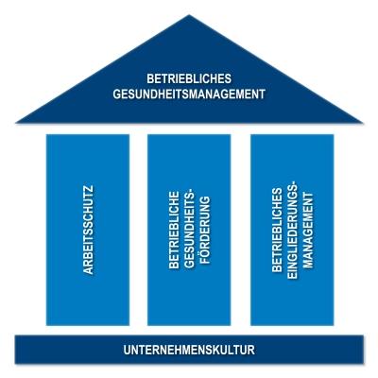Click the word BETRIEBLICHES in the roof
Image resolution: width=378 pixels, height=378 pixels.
click(189, 78)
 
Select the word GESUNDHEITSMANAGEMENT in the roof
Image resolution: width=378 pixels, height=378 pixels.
click(189, 94)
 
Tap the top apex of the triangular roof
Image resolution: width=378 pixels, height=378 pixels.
click(189, 15)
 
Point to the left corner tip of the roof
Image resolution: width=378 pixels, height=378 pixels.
click(16, 122)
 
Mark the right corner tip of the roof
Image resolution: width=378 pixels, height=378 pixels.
click(362, 122)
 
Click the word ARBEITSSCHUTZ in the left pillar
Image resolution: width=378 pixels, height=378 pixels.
click(88, 230)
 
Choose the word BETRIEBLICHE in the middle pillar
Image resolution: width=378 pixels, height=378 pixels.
click(174, 230)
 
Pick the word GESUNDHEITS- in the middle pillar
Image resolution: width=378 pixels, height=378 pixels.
click(189, 230)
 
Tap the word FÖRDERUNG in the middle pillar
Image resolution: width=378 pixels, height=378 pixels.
click(204, 230)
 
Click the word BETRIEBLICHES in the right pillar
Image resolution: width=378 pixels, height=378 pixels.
click(277, 230)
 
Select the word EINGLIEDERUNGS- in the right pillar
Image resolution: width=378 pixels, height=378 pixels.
click(292, 230)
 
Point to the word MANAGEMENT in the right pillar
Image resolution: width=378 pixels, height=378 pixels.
click(308, 230)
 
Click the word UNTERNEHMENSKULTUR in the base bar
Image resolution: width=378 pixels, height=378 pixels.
click(189, 350)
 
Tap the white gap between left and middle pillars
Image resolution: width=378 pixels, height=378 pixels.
click(138, 230)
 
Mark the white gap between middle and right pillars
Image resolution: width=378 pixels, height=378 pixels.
click(241, 230)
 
